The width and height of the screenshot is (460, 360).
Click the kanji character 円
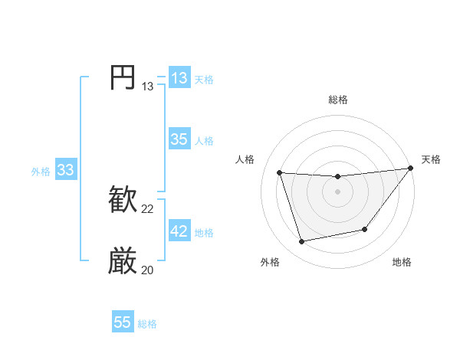(123, 77)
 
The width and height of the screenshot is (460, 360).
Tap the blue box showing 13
(179, 78)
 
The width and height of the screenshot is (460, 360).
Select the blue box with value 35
(179, 139)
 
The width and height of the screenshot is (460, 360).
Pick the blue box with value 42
(179, 231)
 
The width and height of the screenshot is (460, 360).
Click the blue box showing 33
(65, 170)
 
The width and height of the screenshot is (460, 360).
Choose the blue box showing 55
(123, 322)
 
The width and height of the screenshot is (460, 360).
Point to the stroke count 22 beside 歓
(148, 209)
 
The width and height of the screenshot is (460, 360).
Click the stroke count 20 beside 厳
(148, 270)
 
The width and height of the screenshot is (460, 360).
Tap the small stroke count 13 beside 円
(148, 87)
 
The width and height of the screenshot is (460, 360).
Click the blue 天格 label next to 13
(204, 80)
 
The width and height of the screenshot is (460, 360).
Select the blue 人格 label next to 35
(204, 141)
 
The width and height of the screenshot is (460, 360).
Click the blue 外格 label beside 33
(41, 172)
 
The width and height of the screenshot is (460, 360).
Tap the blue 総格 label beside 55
(147, 324)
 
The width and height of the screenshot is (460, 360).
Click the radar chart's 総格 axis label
(337, 100)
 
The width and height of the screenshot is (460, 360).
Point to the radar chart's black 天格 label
(431, 159)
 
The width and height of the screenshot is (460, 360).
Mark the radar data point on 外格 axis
(302, 242)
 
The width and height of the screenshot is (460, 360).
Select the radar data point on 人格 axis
(279, 172)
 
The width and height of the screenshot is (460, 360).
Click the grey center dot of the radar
(337, 191)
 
